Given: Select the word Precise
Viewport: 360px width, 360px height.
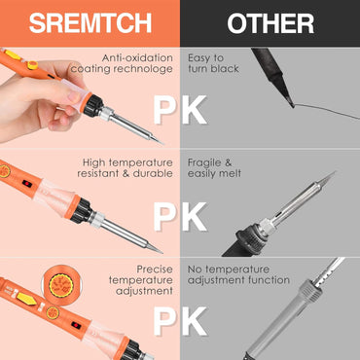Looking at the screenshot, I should point(156,268).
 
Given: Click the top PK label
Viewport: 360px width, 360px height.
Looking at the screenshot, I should point(179,110).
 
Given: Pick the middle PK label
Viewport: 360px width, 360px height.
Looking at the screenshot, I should point(179,215).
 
